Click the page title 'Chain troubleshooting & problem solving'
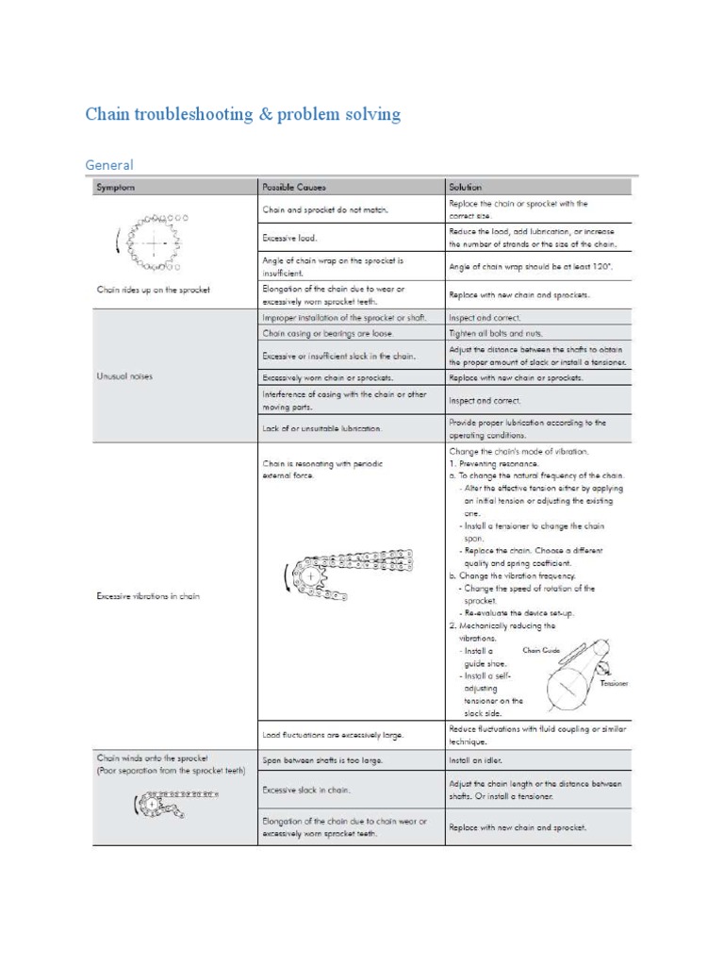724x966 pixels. click(x=242, y=115)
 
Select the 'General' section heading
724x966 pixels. click(x=109, y=165)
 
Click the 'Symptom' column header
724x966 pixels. click(x=116, y=187)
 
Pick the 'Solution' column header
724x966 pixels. click(x=466, y=187)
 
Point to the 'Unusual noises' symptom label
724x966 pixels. click(x=124, y=376)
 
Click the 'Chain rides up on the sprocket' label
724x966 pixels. click(x=153, y=290)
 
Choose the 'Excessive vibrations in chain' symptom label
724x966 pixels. click(x=148, y=596)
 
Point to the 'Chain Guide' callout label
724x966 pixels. click(x=541, y=650)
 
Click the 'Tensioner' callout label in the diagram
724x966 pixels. click(x=613, y=682)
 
